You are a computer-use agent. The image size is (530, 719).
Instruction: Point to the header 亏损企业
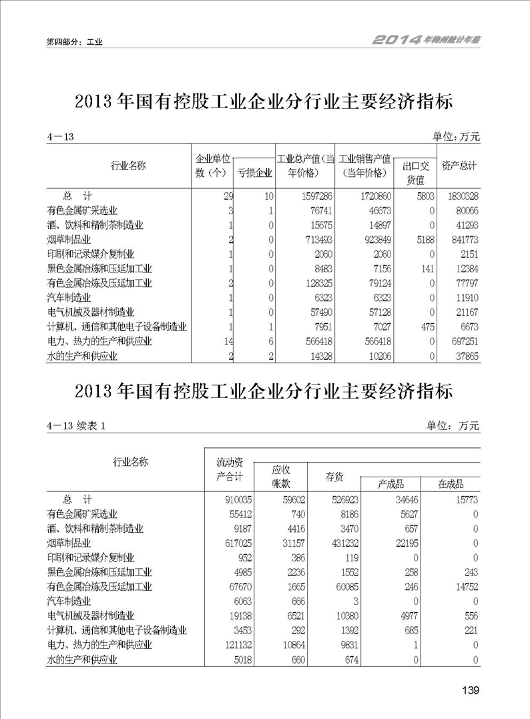255,173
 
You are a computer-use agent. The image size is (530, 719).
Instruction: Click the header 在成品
450,484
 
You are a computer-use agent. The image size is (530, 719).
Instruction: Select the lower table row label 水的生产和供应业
82,660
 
